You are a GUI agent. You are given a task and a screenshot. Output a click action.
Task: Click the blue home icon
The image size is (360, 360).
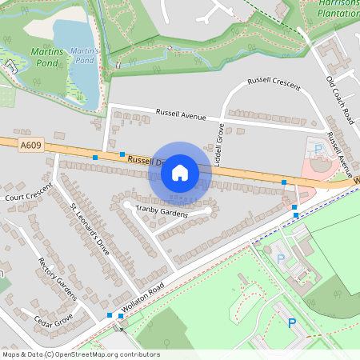click(180, 172)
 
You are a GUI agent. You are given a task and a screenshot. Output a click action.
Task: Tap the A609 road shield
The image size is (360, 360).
click(30, 145)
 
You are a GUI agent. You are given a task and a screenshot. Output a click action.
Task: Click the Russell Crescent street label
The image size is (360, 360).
click(274, 82)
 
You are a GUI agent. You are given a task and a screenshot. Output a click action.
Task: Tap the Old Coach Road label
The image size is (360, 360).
click(339, 100)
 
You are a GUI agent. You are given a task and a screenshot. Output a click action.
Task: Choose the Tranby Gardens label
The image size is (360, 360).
click(162, 212)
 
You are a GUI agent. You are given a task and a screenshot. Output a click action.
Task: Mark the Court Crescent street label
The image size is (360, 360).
click(27, 193)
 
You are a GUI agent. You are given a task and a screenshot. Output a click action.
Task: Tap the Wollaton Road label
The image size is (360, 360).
click(143, 297)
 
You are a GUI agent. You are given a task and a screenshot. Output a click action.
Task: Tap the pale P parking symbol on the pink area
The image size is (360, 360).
click(318, 150)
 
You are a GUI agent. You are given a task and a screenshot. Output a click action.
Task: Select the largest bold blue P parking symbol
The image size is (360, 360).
click(292, 322)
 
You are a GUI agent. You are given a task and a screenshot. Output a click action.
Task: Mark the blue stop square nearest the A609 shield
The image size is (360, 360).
click(95, 158)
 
